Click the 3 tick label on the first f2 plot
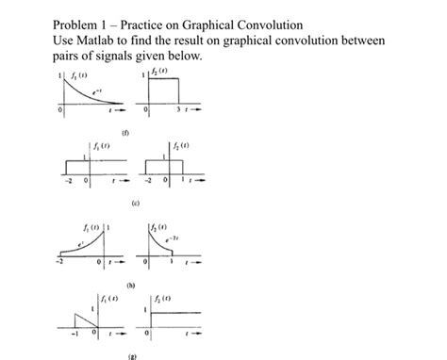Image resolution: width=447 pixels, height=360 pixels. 177,111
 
